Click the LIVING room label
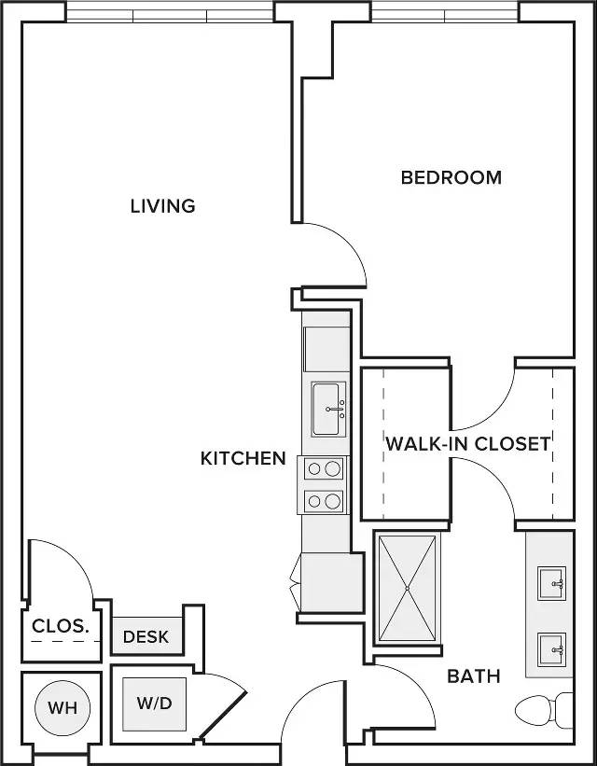[162, 205]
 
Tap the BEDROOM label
[451, 177]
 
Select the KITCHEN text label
[243, 458]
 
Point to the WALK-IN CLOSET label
[468, 443]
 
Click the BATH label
[474, 675]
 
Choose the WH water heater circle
[62, 708]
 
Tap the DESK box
[146, 636]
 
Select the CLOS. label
[61, 627]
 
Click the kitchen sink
[326, 409]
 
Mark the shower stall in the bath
[407, 588]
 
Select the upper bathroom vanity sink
[554, 585]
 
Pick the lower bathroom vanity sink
[554, 647]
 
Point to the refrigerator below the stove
[328, 581]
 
